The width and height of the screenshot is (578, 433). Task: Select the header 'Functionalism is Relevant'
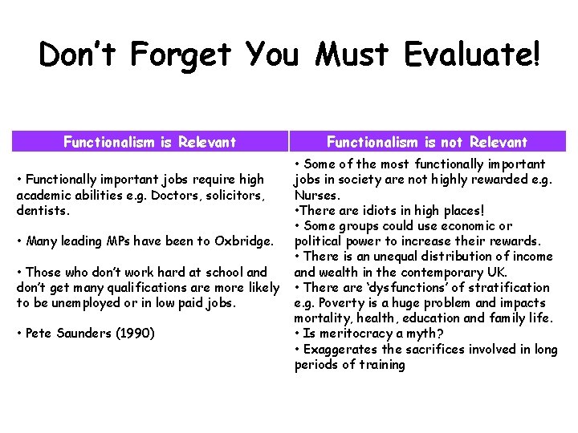[150, 143]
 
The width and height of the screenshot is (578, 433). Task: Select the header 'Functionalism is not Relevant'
[427, 143]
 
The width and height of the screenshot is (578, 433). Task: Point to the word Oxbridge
[246, 241]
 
